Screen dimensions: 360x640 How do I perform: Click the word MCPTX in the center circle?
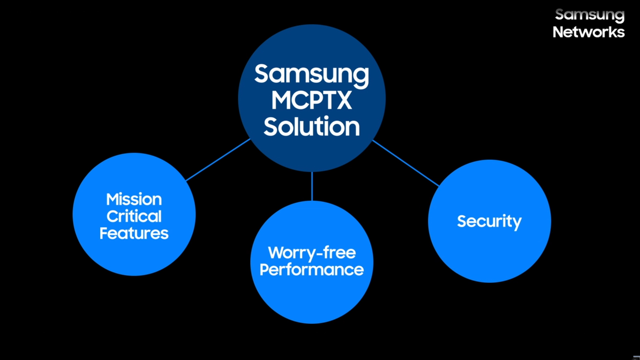click(x=312, y=100)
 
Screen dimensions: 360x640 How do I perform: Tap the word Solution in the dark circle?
click(x=312, y=127)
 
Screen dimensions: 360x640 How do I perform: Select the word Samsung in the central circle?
click(x=312, y=74)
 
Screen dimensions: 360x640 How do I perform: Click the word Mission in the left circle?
click(x=134, y=199)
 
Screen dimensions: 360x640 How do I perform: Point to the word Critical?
click(x=134, y=216)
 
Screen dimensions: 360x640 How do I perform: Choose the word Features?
click(x=134, y=233)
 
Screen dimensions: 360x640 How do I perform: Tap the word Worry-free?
click(x=312, y=253)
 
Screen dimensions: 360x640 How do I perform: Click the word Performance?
click(x=312, y=270)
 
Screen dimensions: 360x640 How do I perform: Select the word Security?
click(x=489, y=221)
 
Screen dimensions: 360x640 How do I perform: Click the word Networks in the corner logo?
click(x=589, y=32)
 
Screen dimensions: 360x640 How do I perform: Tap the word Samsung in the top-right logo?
click(x=590, y=15)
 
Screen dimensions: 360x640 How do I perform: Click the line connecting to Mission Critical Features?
click(x=218, y=160)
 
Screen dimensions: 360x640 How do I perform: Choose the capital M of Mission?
click(x=112, y=199)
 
